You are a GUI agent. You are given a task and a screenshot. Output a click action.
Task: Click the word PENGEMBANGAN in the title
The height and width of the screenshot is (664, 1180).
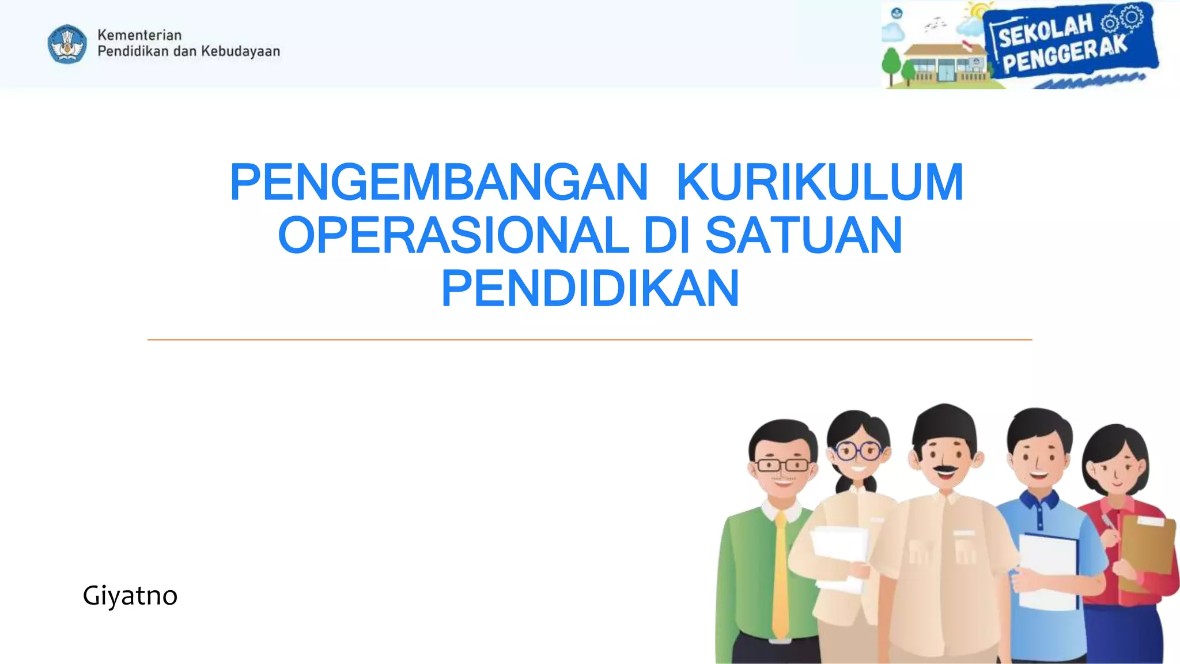(x=439, y=182)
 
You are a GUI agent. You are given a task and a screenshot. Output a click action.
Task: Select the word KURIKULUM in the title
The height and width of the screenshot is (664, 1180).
(x=819, y=182)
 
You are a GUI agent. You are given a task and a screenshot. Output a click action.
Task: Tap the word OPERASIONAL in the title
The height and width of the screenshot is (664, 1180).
(x=453, y=235)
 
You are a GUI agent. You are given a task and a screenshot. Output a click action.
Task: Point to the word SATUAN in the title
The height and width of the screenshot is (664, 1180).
(x=803, y=235)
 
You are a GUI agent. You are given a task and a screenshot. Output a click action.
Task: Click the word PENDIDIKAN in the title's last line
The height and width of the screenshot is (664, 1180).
(x=589, y=288)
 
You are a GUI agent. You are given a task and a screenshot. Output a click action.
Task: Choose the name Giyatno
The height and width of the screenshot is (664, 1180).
(x=130, y=595)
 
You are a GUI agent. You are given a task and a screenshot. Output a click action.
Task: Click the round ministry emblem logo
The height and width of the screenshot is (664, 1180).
(x=67, y=43)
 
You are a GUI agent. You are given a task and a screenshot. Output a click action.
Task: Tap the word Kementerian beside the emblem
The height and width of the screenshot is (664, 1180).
(x=139, y=35)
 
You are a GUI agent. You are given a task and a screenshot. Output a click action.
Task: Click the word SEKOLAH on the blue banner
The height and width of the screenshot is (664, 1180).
(x=1045, y=31)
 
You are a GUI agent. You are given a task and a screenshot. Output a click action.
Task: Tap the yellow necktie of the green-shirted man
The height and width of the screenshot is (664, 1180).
(x=780, y=576)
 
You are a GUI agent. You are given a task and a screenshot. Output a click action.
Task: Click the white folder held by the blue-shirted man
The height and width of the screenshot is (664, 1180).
(x=1047, y=571)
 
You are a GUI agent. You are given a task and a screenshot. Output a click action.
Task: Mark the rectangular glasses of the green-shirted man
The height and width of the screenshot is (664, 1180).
(x=782, y=465)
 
